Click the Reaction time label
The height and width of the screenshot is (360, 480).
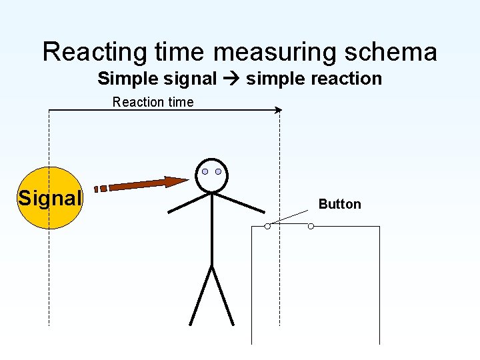153,102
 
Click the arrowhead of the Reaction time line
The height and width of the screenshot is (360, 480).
278,110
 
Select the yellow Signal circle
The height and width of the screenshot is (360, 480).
49,197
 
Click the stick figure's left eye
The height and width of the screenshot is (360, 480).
205,171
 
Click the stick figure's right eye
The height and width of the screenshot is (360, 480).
218,171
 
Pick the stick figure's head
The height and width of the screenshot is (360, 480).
212,175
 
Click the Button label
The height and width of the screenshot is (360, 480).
339,204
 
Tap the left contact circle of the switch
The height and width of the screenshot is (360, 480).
267,226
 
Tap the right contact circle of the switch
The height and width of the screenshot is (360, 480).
311,226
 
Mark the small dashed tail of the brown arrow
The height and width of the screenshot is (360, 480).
100,189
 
